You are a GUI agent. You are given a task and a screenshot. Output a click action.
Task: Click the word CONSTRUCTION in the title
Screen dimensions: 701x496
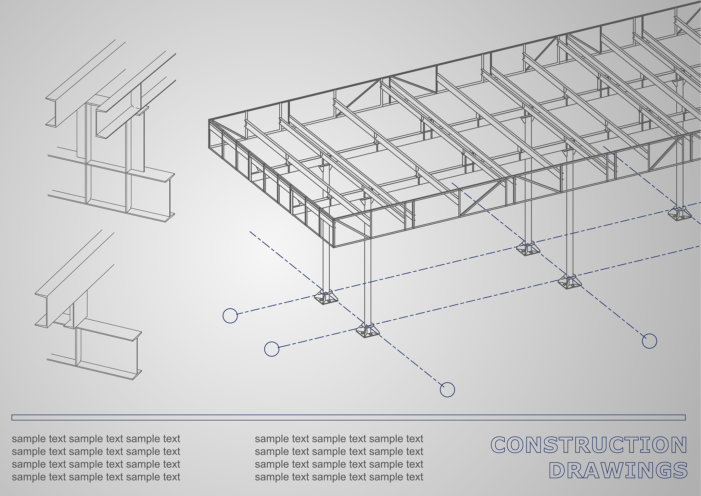click(x=589, y=445)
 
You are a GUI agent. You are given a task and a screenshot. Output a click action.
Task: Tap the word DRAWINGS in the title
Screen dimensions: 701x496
click(x=618, y=470)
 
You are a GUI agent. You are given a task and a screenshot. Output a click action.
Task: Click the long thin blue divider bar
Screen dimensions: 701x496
click(x=348, y=417)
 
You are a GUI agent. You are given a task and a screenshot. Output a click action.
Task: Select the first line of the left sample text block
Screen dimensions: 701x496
click(x=96, y=439)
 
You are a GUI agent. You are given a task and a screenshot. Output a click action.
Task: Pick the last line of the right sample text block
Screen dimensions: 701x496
click(x=339, y=477)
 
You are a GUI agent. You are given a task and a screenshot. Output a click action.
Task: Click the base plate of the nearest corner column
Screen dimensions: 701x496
click(x=368, y=331)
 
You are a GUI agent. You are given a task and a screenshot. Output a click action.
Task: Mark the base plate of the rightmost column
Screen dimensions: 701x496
click(x=680, y=214)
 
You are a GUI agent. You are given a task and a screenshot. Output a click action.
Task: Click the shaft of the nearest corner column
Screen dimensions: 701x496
click(x=368, y=281)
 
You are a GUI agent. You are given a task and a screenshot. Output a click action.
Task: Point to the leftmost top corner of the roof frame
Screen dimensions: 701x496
click(x=209, y=120)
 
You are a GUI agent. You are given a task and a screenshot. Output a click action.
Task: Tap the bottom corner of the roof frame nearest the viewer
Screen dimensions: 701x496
click(x=334, y=247)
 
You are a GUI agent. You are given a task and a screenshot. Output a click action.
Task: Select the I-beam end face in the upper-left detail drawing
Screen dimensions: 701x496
click(x=170, y=198)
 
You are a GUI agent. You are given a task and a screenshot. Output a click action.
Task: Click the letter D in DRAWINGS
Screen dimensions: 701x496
click(x=557, y=470)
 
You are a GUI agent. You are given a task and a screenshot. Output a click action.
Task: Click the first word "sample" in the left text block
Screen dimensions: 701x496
click(x=29, y=439)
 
